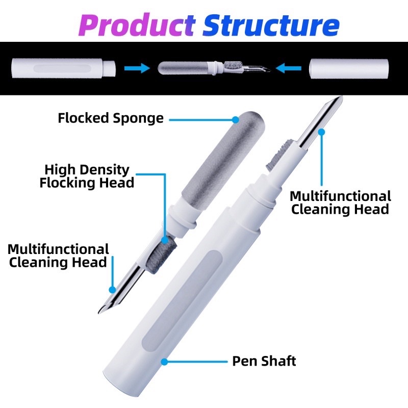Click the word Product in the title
137,25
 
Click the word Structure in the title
271,25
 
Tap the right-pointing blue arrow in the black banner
137,68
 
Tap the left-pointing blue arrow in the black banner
288,68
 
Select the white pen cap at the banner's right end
349,69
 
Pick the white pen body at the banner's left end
63,68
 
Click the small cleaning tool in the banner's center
214,68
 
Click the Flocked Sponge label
111,118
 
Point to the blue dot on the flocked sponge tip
236,120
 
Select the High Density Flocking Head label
87,176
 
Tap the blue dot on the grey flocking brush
165,240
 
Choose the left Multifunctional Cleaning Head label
58,256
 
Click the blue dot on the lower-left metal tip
112,290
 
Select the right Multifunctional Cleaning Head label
340,202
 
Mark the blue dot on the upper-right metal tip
322,132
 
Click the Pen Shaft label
264,361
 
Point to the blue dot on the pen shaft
164,362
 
